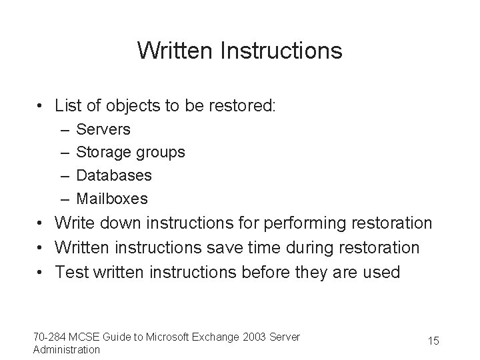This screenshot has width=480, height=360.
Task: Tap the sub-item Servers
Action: tap(103, 129)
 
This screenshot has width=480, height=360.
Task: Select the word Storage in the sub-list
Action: tap(104, 152)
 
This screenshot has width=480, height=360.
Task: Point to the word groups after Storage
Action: tap(160, 153)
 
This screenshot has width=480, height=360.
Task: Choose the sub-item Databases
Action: tap(114, 175)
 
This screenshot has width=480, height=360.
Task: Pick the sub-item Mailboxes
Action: tap(112, 199)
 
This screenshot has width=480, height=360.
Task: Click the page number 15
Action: tap(433, 341)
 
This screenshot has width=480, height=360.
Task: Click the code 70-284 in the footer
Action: tap(49, 337)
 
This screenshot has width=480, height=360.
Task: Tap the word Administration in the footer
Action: tap(67, 349)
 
